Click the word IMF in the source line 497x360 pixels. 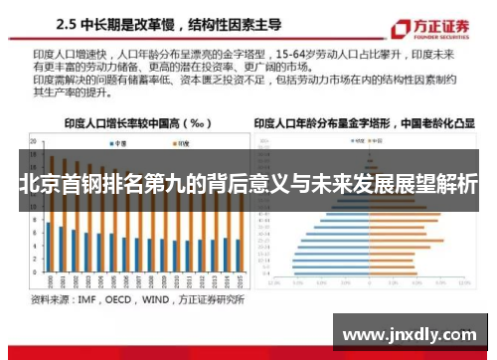[x=88, y=298]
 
